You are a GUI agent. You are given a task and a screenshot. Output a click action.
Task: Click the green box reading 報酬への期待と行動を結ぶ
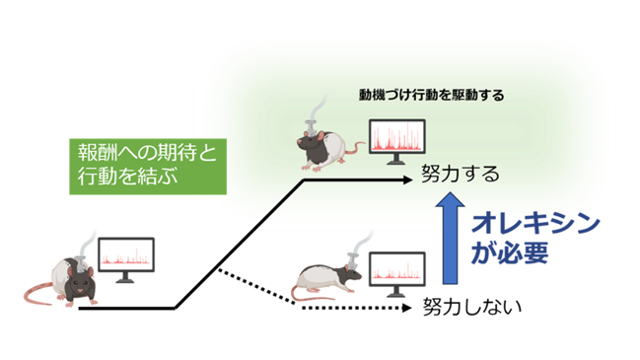pyautogui.click(x=148, y=167)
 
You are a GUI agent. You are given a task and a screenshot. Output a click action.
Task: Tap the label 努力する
pyautogui.click(x=461, y=175)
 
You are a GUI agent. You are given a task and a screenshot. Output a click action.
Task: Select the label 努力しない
pyautogui.click(x=471, y=307)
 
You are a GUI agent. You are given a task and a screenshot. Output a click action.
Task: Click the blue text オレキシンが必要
pyautogui.click(x=535, y=239)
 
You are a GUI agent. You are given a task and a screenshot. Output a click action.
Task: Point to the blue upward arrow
pyautogui.click(x=451, y=238)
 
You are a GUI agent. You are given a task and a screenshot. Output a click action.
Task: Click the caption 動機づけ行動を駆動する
pyautogui.click(x=431, y=95)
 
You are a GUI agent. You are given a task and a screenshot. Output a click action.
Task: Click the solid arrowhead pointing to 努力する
pyautogui.click(x=407, y=180)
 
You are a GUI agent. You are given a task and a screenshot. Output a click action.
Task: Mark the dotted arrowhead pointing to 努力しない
pyautogui.click(x=406, y=308)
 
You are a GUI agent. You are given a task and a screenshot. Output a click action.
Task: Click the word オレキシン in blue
pyautogui.click(x=535, y=224)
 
